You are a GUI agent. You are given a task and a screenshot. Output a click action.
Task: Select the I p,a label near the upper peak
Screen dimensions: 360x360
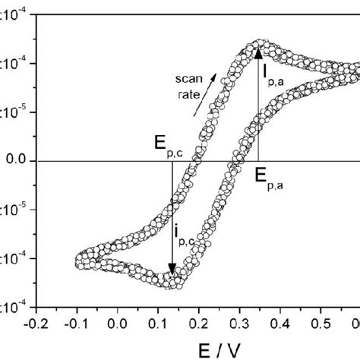point(274,74)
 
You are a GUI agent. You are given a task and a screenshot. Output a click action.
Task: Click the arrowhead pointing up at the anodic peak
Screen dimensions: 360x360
point(259,53)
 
